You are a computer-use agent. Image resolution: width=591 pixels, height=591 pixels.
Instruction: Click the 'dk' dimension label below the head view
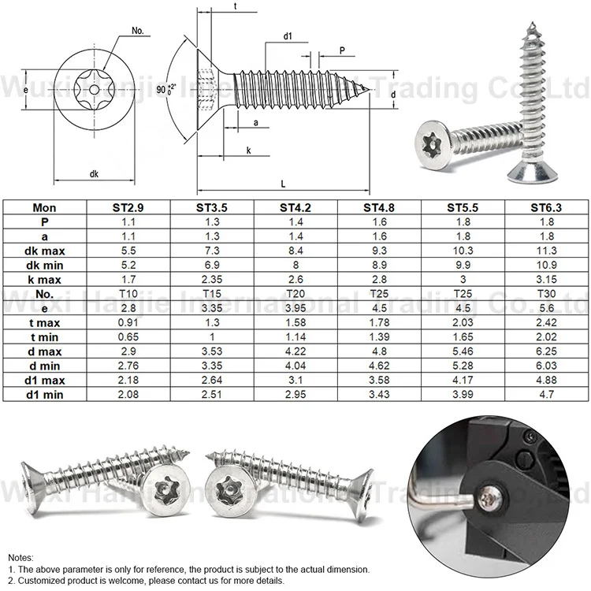tap(92, 173)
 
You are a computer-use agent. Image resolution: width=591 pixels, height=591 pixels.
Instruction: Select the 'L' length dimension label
tap(282, 182)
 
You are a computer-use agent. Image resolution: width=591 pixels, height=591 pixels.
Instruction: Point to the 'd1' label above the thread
tap(288, 36)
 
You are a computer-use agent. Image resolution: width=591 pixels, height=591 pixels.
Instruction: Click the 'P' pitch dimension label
tap(342, 49)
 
